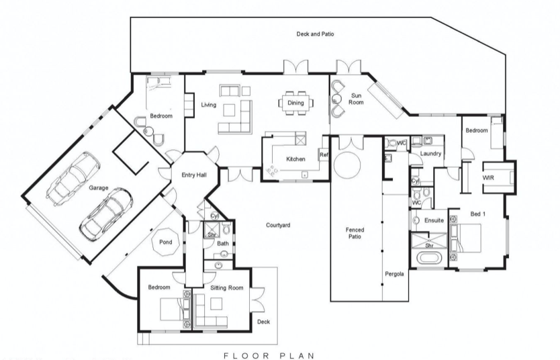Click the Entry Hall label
point(194,175)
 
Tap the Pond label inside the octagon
point(166,242)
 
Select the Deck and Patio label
point(316,34)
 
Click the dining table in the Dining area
point(295,103)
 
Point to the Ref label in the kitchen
point(324,154)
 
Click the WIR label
point(488,177)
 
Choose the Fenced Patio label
point(355,233)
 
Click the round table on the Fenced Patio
point(347,165)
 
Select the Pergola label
point(394,274)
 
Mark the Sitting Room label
point(227,287)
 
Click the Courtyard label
point(278,226)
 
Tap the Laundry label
point(430,154)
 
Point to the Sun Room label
point(356,99)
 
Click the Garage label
point(99,188)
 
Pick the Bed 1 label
point(478,214)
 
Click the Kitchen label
point(295,159)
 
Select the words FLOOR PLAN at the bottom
point(269,355)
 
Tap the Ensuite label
point(434,220)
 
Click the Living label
point(209,105)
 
